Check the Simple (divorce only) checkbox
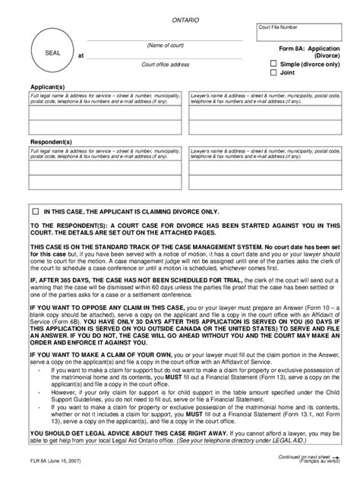(274, 65)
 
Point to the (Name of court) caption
(165, 46)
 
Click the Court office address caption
(165, 65)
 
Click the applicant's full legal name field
(106, 114)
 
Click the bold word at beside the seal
(81, 56)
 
